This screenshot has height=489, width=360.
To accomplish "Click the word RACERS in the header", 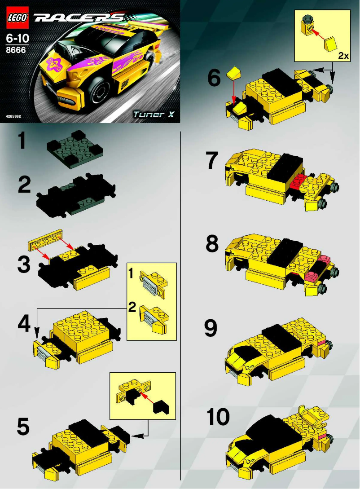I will [x=79, y=18].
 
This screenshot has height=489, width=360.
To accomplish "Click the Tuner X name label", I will [x=153, y=114].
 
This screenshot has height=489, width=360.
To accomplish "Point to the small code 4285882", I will [x=13, y=117].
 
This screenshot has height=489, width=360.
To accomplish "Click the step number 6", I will [x=214, y=79].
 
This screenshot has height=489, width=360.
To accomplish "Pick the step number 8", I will [x=212, y=245].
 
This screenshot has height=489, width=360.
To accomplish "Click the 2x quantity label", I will [x=343, y=56].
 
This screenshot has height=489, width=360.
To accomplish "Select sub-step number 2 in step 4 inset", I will [x=132, y=308].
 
